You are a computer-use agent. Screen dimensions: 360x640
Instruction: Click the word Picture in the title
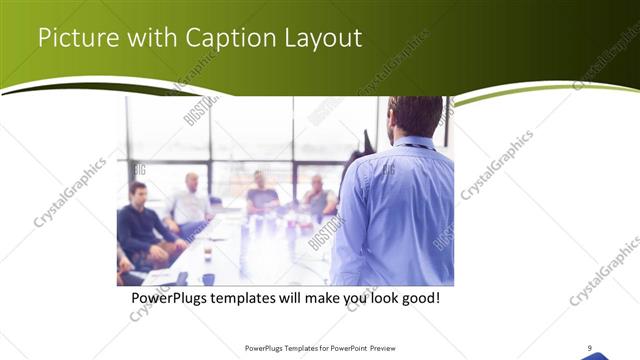pyautogui.click(x=73, y=39)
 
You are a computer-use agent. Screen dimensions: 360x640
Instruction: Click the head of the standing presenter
pyautogui.click(x=414, y=115)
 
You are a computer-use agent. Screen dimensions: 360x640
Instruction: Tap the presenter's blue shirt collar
pyautogui.click(x=413, y=142)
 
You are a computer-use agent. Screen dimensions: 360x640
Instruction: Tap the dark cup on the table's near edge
pyautogui.click(x=208, y=279)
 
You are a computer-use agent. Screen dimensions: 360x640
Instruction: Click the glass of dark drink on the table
pyautogui.click(x=207, y=250)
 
